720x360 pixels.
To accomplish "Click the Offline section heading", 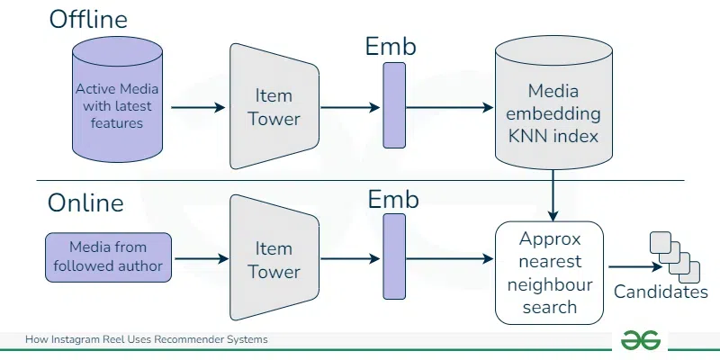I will [x=86, y=19].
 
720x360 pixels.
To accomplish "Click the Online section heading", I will [x=85, y=202].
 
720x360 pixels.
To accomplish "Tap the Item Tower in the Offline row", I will [x=274, y=106].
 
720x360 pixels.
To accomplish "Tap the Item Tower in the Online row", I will [x=274, y=259].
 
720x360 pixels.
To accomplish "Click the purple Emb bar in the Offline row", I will [x=394, y=107].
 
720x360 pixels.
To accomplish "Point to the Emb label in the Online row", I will [x=393, y=200].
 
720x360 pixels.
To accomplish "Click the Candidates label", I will [x=661, y=292].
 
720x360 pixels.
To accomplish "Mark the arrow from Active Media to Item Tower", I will [x=197, y=107].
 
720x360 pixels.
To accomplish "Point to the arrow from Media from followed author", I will [x=201, y=260].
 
